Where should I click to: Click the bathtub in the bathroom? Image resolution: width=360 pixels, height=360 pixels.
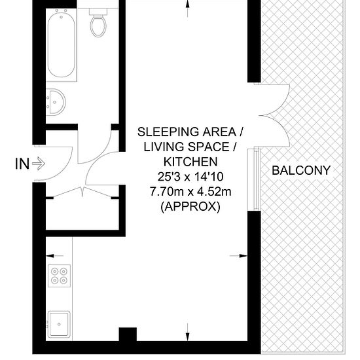pyautogui.click(x=62, y=45)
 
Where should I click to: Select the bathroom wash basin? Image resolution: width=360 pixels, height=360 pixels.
pyautogui.click(x=56, y=102)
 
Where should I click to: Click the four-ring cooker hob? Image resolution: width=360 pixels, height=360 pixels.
pyautogui.click(x=59, y=276)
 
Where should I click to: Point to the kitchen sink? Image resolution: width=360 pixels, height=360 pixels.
pyautogui.click(x=59, y=324)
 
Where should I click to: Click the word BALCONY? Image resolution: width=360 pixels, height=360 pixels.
pyautogui.click(x=301, y=170)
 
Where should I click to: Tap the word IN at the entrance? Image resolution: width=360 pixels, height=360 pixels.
pyautogui.click(x=22, y=164)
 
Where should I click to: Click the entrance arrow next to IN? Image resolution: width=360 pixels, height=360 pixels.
pyautogui.click(x=39, y=164)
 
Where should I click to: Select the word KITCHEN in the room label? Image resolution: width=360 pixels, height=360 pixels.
pyautogui.click(x=190, y=162)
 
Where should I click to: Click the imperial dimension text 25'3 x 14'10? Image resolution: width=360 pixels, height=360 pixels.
pyautogui.click(x=190, y=177)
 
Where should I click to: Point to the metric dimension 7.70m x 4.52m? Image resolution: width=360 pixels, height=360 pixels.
pyautogui.click(x=190, y=192)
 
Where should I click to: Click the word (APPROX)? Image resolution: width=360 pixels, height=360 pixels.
pyautogui.click(x=190, y=207)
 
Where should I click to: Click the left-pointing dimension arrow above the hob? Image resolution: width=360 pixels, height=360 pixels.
pyautogui.click(x=55, y=255)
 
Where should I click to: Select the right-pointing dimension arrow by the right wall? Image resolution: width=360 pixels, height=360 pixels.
pyautogui.click(x=238, y=255)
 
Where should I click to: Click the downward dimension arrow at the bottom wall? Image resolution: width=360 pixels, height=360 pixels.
pyautogui.click(x=188, y=332)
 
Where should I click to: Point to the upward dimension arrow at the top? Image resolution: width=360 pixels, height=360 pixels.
pyautogui.click(x=188, y=9)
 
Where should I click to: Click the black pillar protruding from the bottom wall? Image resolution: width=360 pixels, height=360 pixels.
pyautogui.click(x=128, y=334)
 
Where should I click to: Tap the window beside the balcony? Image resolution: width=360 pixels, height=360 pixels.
pyautogui.click(x=254, y=180)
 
